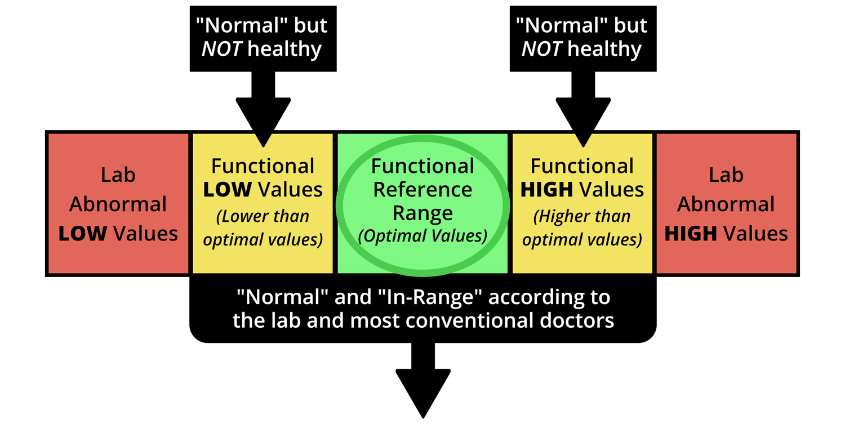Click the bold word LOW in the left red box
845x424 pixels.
pyautogui.click(x=82, y=234)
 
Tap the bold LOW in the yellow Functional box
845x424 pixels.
pyautogui.click(x=227, y=190)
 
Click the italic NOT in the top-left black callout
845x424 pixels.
pyautogui.click(x=222, y=50)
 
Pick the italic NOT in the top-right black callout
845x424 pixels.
pyautogui.click(x=542, y=50)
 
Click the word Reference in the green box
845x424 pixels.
pyautogui.click(x=422, y=190)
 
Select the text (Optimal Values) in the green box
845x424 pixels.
pyautogui.click(x=422, y=235)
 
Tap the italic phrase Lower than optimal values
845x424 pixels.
pyautogui.click(x=263, y=228)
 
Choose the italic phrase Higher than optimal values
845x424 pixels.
pyautogui.click(x=582, y=228)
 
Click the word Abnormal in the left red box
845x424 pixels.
pyautogui.click(x=118, y=204)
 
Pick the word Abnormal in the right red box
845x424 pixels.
pyautogui.click(x=726, y=204)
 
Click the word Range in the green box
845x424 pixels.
pyautogui.click(x=422, y=213)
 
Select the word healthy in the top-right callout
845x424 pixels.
pyautogui.click(x=604, y=50)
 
